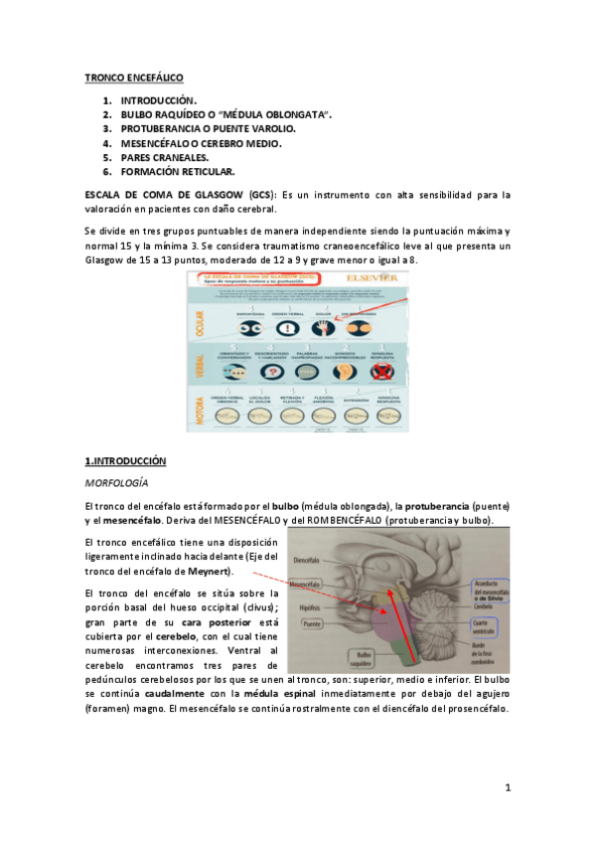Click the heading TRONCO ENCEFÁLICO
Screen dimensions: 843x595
[x=134, y=78]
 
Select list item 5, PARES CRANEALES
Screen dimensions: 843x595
[x=165, y=157]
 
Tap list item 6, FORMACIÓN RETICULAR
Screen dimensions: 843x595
[x=178, y=171]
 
